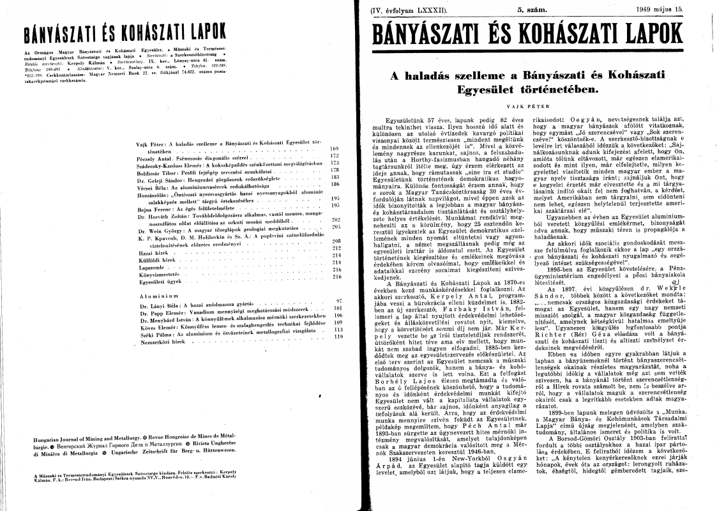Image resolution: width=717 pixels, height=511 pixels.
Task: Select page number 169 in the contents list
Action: pyautogui.click(x=335, y=148)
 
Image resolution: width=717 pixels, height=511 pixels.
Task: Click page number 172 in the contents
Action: pyautogui.click(x=335, y=155)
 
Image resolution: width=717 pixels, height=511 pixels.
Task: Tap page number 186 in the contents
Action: pyautogui.click(x=335, y=184)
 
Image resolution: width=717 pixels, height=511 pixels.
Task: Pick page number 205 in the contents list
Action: pyautogui.click(x=335, y=226)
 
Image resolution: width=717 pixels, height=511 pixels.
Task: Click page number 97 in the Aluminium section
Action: pyautogui.click(x=339, y=300)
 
